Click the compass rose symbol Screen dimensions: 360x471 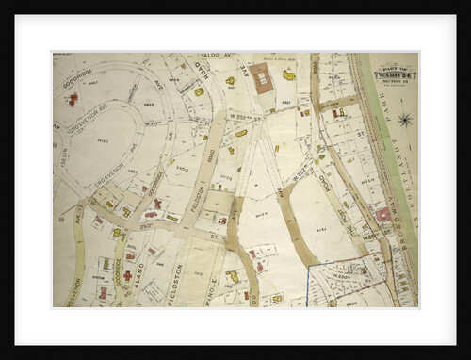404,120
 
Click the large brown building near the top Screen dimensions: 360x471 262,78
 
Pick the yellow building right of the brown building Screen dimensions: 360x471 289,74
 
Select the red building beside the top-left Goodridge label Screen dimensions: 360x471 72,98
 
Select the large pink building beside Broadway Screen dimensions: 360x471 382,216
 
